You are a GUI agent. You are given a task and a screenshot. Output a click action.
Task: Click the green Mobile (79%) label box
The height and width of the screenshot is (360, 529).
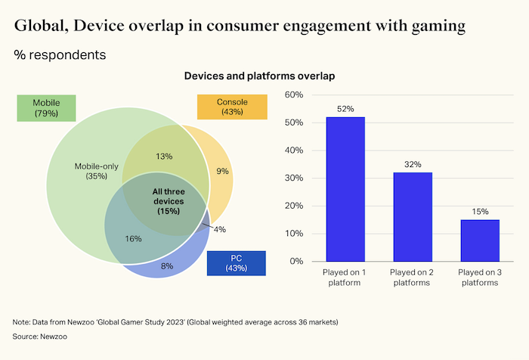[x=46, y=108]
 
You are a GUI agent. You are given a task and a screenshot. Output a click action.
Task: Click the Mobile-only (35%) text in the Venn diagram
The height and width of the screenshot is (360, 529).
[x=91, y=171]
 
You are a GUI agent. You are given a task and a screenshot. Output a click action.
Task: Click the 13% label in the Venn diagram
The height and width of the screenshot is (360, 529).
[x=164, y=157]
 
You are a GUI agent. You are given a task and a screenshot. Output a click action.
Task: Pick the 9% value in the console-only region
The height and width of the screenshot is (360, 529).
[x=222, y=172]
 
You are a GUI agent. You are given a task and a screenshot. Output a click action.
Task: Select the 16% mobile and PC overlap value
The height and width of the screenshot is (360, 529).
[x=133, y=239]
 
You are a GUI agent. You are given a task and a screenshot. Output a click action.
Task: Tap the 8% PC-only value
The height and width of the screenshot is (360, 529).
[x=167, y=266]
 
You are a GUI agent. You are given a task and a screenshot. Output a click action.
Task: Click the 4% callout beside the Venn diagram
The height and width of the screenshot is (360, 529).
[x=219, y=229]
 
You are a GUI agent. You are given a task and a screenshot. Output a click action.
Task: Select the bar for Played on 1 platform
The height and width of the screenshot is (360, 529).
[x=345, y=189]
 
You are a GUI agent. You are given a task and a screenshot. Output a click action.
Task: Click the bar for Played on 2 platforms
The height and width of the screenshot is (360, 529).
[x=413, y=216]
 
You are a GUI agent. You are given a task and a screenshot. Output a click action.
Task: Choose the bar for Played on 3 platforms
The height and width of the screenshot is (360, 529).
[x=480, y=241]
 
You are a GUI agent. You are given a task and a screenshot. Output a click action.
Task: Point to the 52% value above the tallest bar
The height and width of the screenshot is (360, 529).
[x=345, y=109]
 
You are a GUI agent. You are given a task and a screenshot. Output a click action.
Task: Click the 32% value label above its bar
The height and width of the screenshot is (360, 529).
[x=413, y=164]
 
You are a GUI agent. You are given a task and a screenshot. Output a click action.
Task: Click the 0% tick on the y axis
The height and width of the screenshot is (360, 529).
[x=295, y=262]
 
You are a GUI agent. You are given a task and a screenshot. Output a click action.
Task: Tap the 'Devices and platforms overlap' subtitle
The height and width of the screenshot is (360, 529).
[x=259, y=76]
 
